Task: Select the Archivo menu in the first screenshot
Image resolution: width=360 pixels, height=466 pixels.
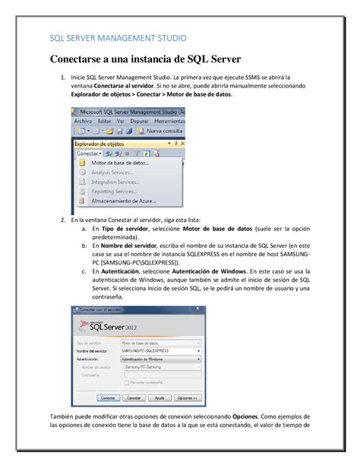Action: tap(83, 121)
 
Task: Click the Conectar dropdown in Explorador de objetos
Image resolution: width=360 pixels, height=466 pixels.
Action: tap(89, 153)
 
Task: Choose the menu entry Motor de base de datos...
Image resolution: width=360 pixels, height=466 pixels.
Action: tap(120, 163)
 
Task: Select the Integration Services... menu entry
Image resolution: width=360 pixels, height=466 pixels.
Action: tap(118, 182)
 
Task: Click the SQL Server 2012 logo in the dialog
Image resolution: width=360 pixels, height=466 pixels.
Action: tap(118, 327)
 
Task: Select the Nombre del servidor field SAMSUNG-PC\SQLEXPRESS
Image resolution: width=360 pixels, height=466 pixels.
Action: tap(159, 350)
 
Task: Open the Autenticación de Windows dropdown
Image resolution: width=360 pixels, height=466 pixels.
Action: tap(159, 358)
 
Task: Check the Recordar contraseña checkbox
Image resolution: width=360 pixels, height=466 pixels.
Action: tap(125, 381)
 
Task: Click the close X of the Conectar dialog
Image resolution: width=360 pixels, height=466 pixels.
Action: tap(199, 309)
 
